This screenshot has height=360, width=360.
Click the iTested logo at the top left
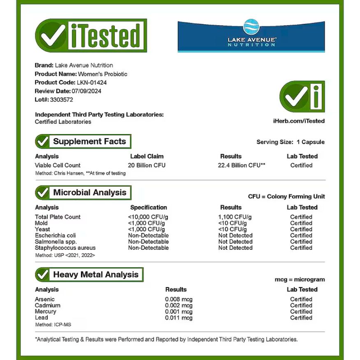click(x=91, y=35)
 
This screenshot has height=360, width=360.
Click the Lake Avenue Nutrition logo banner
click(x=251, y=37)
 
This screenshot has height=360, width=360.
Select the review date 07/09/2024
click(x=86, y=91)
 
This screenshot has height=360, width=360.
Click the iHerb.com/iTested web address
click(x=299, y=121)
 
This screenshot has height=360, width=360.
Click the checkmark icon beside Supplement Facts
click(x=42, y=142)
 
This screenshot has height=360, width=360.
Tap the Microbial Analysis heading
click(x=90, y=193)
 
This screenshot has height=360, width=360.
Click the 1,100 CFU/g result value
click(x=235, y=217)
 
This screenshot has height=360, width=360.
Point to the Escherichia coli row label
click(x=56, y=235)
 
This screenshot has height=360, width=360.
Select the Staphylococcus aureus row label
click(x=65, y=248)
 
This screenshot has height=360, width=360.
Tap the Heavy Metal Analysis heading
click(x=96, y=274)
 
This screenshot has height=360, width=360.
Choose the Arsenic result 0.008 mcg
click(x=179, y=299)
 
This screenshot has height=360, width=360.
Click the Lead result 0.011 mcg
click(x=179, y=318)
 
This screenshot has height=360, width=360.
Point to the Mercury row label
click(x=46, y=311)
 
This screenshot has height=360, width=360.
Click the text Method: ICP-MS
click(x=53, y=325)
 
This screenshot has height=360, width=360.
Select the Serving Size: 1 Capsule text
click(x=290, y=142)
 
